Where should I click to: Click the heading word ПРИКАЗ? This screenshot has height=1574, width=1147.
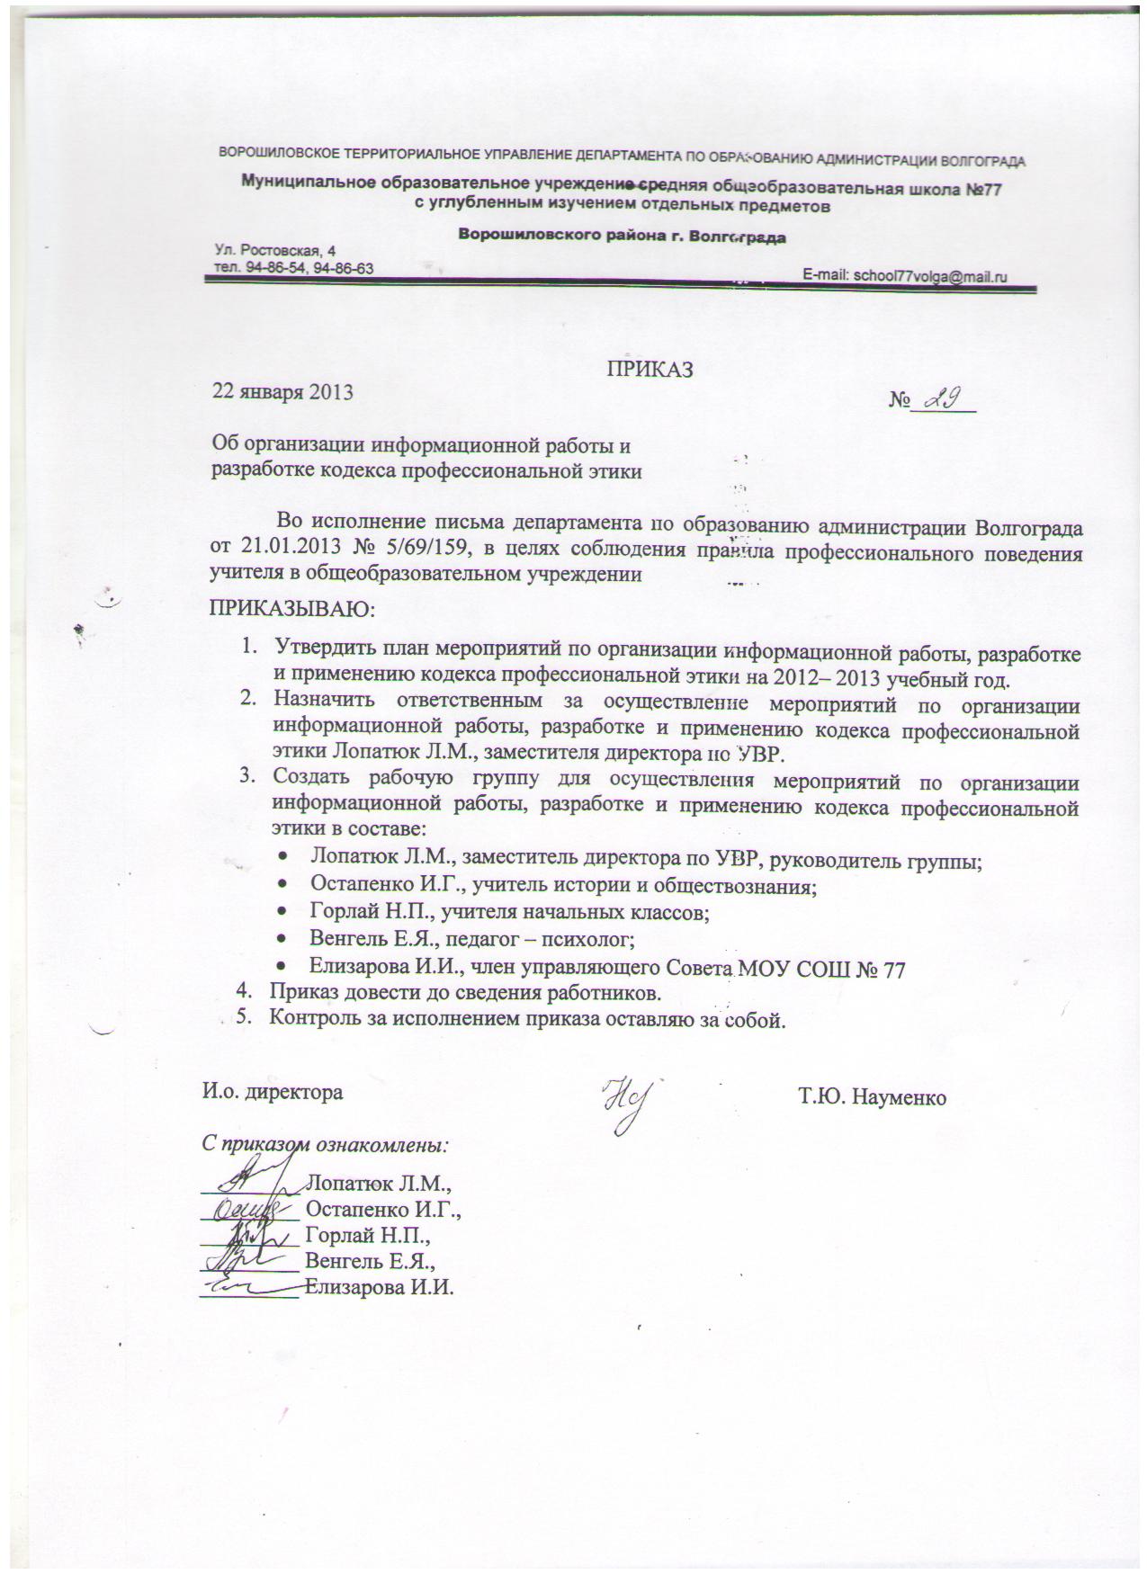coord(648,367)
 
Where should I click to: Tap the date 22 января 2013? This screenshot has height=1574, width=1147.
coord(282,392)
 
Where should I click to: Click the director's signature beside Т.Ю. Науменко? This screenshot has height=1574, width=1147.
coord(627,1102)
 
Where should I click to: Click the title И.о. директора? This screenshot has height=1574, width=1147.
coord(272,1093)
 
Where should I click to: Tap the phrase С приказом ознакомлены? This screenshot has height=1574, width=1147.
coord(324,1147)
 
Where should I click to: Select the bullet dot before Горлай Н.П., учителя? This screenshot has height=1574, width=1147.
coord(283,914)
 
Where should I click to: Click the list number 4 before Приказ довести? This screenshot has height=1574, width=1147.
coord(242,993)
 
